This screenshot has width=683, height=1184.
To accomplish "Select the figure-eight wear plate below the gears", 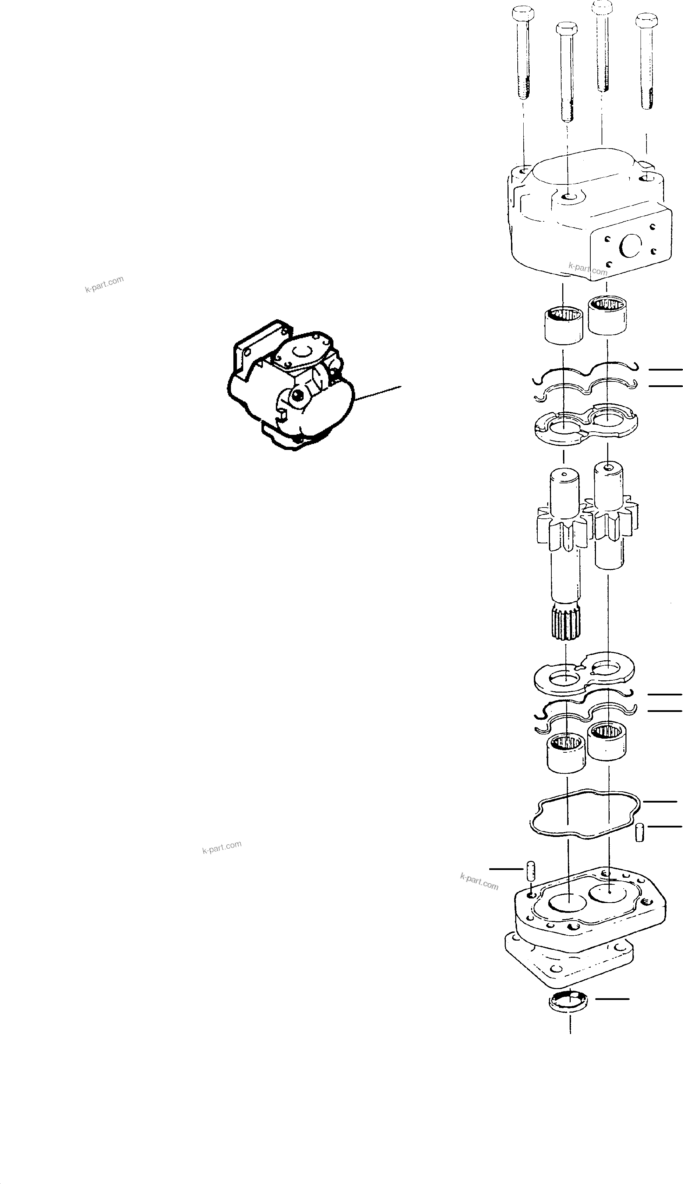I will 584,676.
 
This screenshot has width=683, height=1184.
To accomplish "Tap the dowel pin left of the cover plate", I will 528,871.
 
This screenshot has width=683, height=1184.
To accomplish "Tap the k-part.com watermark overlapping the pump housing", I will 588,269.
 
